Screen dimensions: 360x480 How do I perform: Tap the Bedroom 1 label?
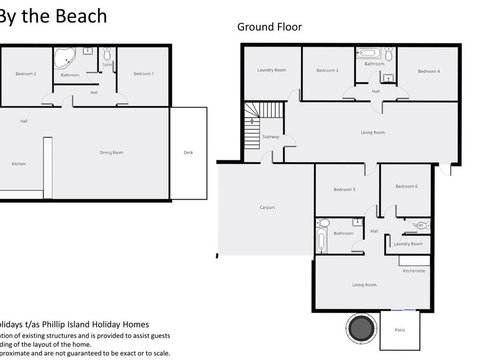[146, 74]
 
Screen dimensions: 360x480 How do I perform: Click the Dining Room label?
[111, 152]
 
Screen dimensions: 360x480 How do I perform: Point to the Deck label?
[187, 152]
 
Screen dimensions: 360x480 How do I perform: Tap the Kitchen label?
[18, 163]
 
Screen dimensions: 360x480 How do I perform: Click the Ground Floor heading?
[269, 28]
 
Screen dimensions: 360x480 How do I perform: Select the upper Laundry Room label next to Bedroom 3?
[271, 70]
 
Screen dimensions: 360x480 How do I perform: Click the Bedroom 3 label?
[328, 70]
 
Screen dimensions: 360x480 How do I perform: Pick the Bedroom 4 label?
[429, 70]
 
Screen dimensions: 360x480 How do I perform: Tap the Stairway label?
[270, 137]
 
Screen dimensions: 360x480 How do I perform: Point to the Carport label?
[267, 207]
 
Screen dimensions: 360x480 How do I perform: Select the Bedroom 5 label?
[346, 189]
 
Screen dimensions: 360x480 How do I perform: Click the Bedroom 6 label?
[406, 186]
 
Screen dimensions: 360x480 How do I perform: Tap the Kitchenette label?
[414, 270]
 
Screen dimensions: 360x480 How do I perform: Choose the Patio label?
[399, 330]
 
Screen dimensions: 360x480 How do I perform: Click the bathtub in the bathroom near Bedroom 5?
[322, 236]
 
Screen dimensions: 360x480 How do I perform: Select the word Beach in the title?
[81, 16]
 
